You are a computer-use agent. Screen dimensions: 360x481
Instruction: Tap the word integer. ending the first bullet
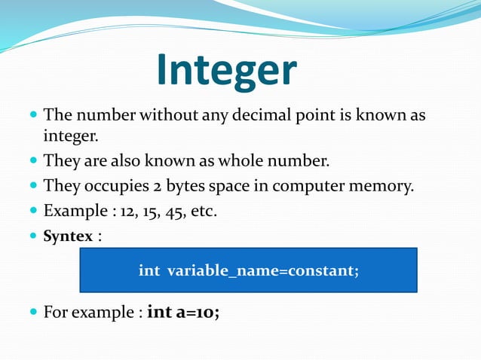[x=71, y=137]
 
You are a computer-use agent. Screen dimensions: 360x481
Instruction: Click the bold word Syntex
[x=68, y=236]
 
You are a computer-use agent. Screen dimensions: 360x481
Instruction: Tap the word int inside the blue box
[x=149, y=270]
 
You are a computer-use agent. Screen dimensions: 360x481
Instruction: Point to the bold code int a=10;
[x=184, y=311]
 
